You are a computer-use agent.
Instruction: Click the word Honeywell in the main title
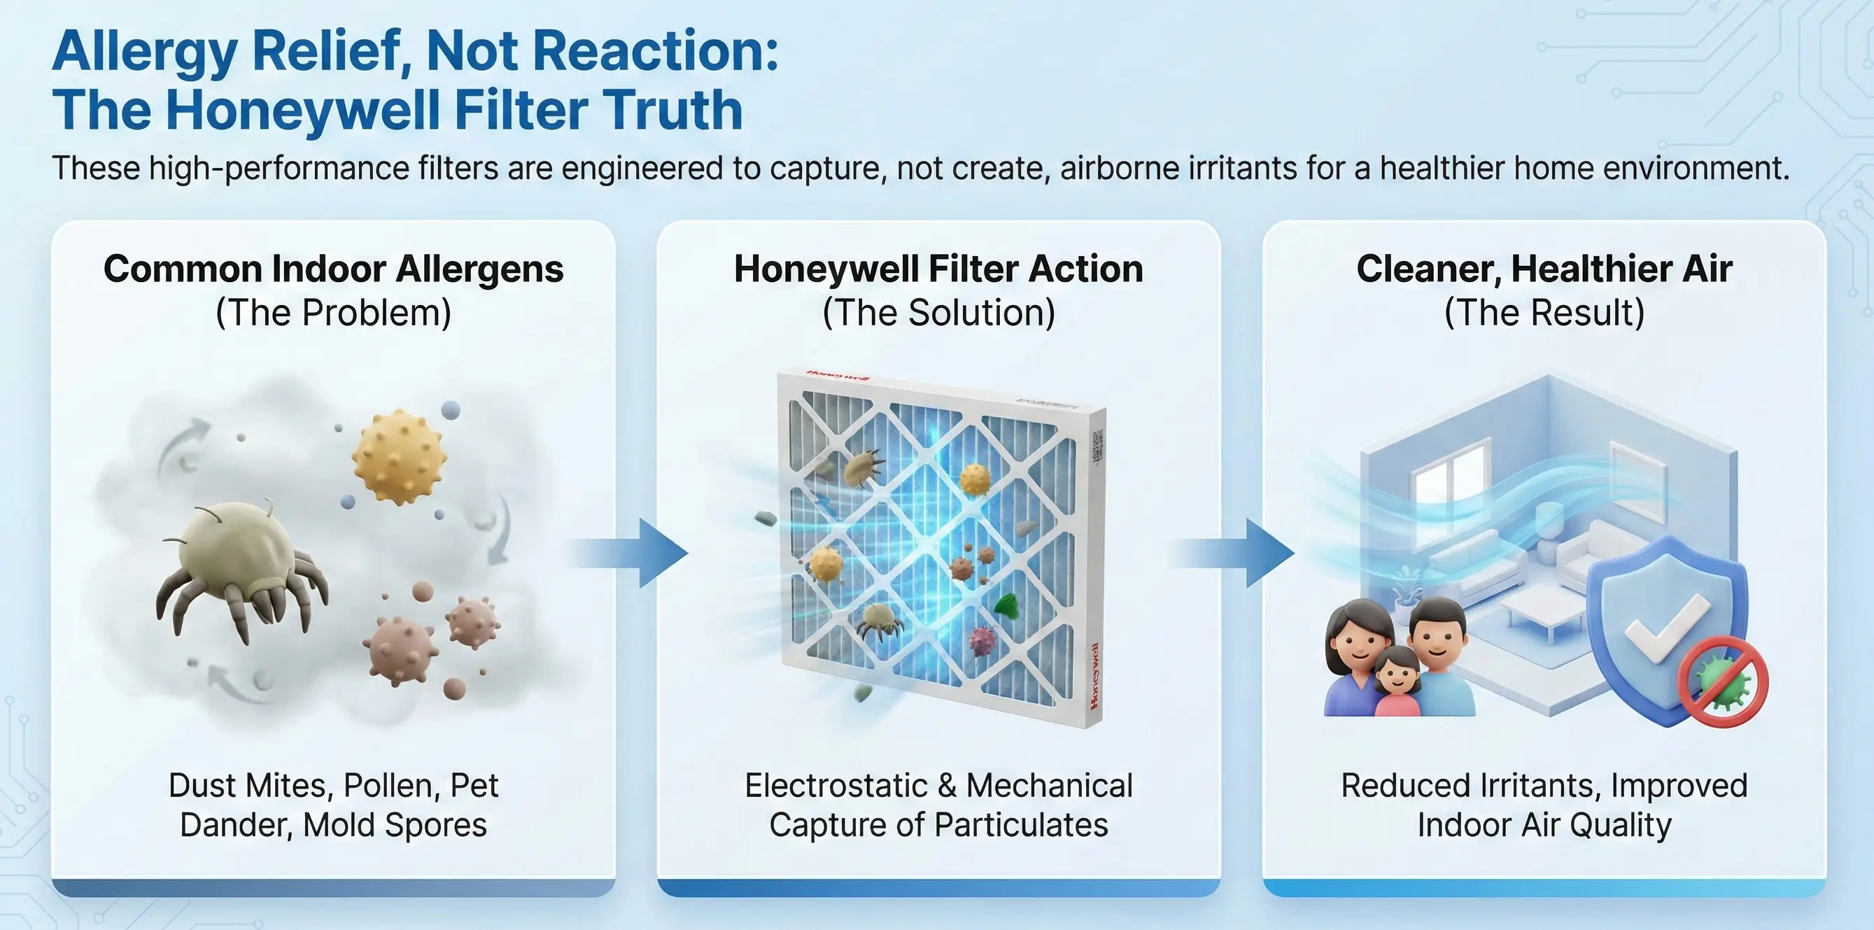pyautogui.click(x=304, y=110)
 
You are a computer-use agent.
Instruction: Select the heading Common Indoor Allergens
pyautogui.click(x=333, y=269)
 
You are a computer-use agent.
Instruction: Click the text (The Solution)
pyautogui.click(x=938, y=313)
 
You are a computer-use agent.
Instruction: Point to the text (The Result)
pyautogui.click(x=1544, y=313)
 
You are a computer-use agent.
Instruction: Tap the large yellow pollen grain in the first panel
pyautogui.click(x=399, y=456)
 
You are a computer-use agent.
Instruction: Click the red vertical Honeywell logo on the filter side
pyautogui.click(x=1094, y=676)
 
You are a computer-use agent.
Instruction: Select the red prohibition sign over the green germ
pyautogui.click(x=1723, y=681)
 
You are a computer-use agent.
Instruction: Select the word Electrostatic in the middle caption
pyautogui.click(x=836, y=786)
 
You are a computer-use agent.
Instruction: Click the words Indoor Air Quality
pyautogui.click(x=1544, y=825)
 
